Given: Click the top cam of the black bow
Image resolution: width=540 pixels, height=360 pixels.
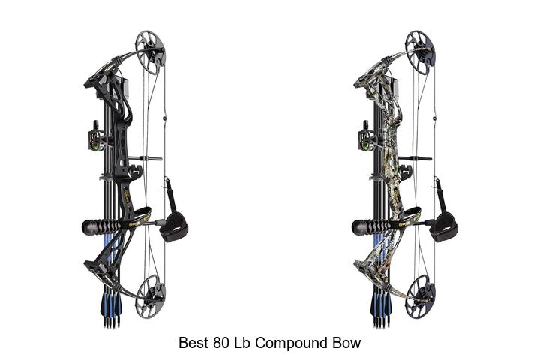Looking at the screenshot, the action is coord(150,52).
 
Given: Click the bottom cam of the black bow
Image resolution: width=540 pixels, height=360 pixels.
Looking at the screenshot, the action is coord(150,295).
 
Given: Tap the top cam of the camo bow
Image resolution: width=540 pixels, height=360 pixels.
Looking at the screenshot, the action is coord(420,52).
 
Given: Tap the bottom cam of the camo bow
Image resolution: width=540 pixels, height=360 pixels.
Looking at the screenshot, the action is coord(420,295).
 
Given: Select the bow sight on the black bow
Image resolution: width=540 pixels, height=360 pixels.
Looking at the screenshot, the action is coord(95,136).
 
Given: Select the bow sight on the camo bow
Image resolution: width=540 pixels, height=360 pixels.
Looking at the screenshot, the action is coord(365,136).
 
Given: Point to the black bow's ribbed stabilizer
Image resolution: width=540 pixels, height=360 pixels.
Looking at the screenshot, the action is coord(101,227).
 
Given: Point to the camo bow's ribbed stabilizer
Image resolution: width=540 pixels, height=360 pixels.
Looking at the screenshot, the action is coord(371,227).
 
